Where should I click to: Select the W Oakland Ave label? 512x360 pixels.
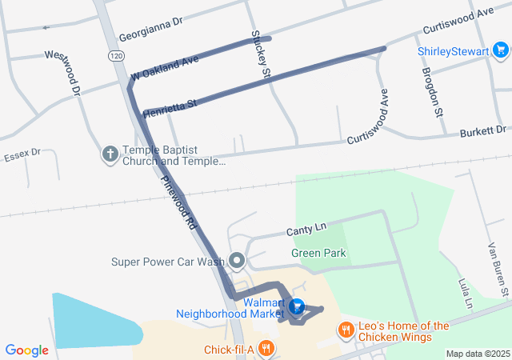tap(164, 70)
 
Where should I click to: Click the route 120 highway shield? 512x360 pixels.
tap(117, 56)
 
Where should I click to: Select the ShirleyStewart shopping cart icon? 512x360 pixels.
tap(502, 52)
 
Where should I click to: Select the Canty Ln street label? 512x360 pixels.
tap(307, 230)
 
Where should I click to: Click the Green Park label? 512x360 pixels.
tap(318, 254)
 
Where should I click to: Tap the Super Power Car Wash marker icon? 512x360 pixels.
tap(237, 261)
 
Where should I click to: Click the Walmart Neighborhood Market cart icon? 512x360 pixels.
tap(297, 306)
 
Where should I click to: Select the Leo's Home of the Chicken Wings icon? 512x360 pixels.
tap(346, 330)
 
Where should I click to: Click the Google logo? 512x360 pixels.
tap(26, 350)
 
